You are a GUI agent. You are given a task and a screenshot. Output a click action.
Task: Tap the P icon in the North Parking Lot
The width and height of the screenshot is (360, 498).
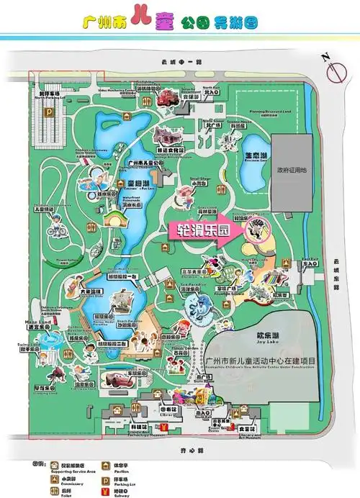point(49,112)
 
